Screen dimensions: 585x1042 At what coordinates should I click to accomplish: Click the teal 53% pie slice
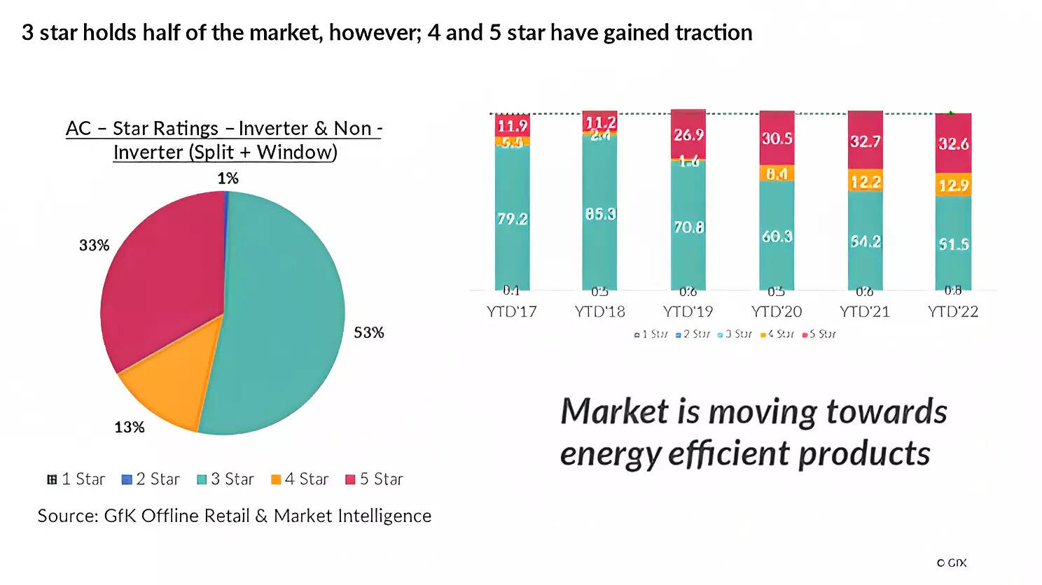pyautogui.click(x=280, y=329)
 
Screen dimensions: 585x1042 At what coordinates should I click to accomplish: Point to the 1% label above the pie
pyautogui.click(x=228, y=178)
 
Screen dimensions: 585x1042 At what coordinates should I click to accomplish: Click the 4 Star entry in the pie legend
pyautogui.click(x=300, y=479)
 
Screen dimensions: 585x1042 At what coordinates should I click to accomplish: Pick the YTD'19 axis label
pyautogui.click(x=688, y=311)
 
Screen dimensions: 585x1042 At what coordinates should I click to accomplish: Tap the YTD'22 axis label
pyautogui.click(x=952, y=311)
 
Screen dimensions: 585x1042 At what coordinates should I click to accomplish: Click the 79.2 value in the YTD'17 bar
pyautogui.click(x=512, y=219)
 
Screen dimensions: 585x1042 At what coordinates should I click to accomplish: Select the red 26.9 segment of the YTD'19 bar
pyautogui.click(x=688, y=134)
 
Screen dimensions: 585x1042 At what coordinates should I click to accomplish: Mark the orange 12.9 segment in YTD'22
pyautogui.click(x=953, y=185)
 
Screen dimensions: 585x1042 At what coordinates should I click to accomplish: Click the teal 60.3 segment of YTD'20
pyautogui.click(x=777, y=237)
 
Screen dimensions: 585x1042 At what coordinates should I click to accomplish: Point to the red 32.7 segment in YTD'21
pyautogui.click(x=865, y=141)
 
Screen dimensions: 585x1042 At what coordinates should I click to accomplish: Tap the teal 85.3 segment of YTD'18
pyautogui.click(x=600, y=213)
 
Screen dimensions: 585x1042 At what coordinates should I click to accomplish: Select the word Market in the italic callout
pyautogui.click(x=614, y=411)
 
